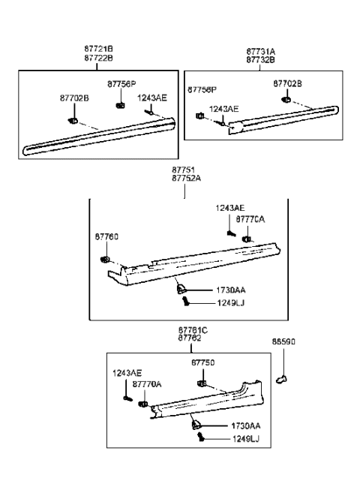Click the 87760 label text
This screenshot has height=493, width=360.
coord(106,236)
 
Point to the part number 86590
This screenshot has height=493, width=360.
coord(283,341)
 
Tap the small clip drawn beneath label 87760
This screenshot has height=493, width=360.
coord(105,260)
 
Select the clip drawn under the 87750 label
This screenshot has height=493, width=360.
coord(203,383)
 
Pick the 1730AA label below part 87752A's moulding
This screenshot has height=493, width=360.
coord(231,289)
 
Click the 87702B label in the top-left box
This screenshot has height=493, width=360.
coord(74,97)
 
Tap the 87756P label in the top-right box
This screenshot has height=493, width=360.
coord(202,89)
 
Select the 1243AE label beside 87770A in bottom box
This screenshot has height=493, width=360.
coord(127,373)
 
